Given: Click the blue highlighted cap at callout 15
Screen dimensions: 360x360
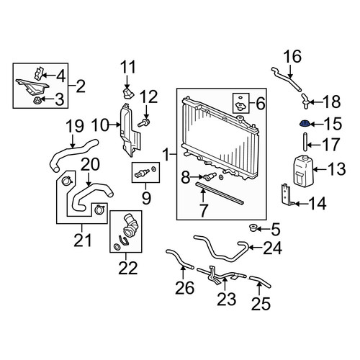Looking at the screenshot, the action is pos(305,125).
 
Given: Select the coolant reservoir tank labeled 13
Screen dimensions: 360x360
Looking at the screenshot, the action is pos(303,171).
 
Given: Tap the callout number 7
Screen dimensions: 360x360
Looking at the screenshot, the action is pos(203,211).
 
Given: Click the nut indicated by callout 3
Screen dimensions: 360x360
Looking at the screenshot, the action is pos(37,100).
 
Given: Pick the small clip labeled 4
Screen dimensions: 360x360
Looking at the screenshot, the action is pos(38,73).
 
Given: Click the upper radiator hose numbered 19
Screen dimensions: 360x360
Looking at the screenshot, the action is pos(73,154).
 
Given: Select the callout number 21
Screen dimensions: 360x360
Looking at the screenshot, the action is pos(83,240).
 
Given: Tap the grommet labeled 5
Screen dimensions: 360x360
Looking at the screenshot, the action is pos(252,228).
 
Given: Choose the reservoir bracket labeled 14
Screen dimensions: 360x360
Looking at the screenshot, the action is pos(287,195).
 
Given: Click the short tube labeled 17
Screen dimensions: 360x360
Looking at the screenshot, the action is pos(305,142).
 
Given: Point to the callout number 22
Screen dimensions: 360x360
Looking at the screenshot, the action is pos(128,268).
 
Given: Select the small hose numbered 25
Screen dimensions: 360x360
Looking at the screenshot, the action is pos(260,281).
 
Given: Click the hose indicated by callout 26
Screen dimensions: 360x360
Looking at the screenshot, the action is pos(179,258).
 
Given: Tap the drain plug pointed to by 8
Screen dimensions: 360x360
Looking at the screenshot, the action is pos(210,176).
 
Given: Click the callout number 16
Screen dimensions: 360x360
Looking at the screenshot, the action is pos(292,56).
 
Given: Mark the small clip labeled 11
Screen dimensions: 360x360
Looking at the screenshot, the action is pos(127,93).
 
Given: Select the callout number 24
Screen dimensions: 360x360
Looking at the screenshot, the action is pos(272,248).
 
